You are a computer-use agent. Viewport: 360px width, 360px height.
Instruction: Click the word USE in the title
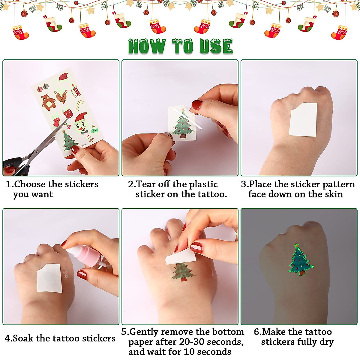[216, 47]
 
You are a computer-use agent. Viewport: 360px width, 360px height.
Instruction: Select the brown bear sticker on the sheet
[48, 101]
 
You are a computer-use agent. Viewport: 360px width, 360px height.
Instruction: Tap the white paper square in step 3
[303, 119]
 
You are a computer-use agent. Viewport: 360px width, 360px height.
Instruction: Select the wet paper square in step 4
[49, 278]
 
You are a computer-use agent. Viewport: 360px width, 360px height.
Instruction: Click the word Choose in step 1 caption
[30, 184]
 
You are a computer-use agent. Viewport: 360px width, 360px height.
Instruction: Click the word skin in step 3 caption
[334, 194]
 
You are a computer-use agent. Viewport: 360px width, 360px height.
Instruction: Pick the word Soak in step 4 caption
[23, 338]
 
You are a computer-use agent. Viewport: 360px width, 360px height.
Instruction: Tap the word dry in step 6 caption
[326, 342]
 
